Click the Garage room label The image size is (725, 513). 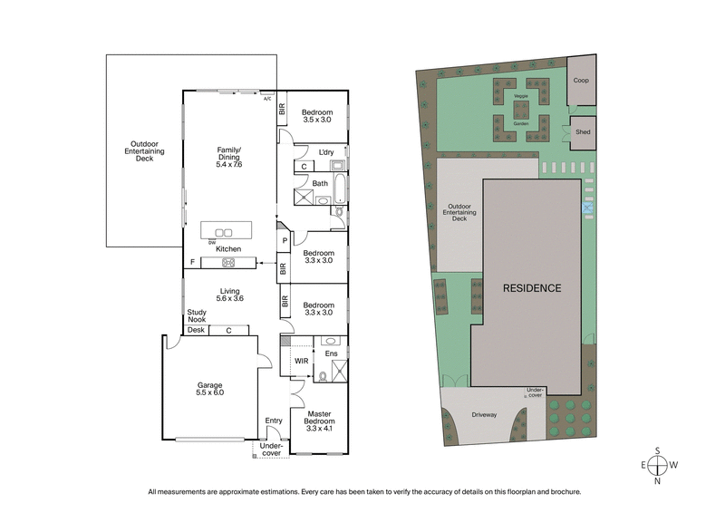[209, 388]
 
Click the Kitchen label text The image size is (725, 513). [228, 248]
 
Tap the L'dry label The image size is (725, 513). [314, 152]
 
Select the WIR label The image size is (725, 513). [301, 361]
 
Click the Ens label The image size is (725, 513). [332, 354]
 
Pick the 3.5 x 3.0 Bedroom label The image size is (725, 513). [317, 114]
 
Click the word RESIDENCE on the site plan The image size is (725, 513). [532, 288]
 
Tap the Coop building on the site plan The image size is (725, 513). [581, 80]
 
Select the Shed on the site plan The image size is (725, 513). [582, 131]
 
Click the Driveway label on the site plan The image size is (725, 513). [485, 417]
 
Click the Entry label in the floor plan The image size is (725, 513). [273, 421]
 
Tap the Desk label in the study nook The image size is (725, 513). [197, 331]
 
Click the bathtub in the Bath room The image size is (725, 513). [337, 189]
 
